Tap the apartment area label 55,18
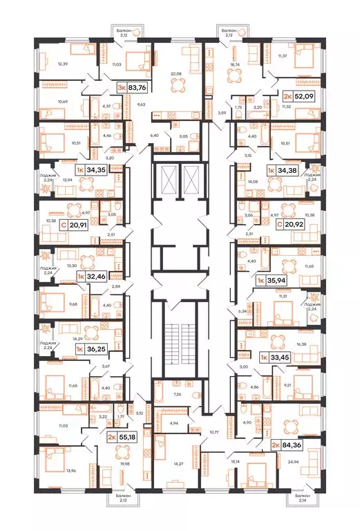[122, 438]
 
